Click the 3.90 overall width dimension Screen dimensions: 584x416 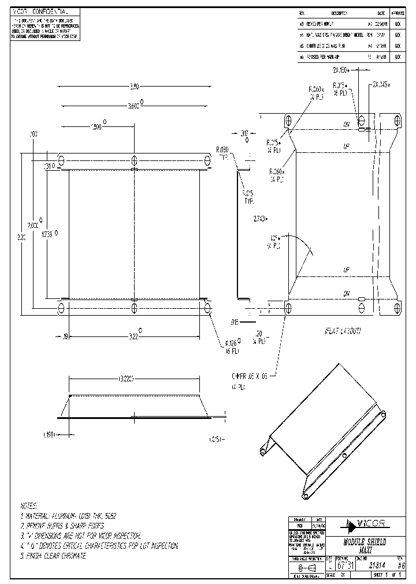click(134, 87)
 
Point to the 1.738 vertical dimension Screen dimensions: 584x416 click(47, 235)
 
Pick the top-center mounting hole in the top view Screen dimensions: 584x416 click(134, 160)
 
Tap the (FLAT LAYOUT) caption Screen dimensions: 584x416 click(342, 331)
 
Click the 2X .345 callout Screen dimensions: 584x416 click(381, 84)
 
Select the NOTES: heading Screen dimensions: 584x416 click(28, 504)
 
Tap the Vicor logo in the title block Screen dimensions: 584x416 click(366, 525)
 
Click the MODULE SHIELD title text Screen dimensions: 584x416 click(365, 543)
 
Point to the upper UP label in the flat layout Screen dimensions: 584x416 click(347, 147)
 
